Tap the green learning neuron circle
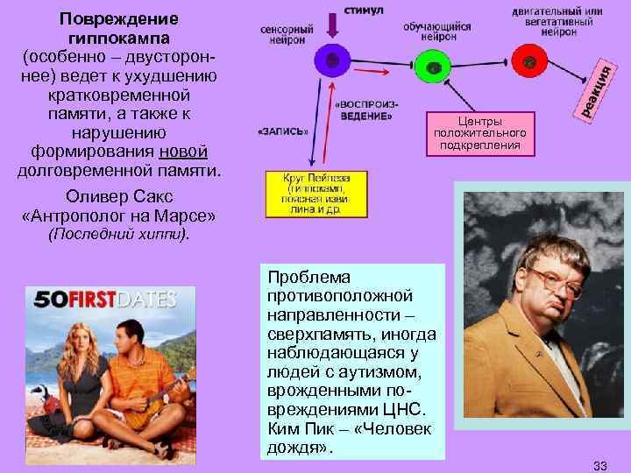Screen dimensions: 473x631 pyautogui.click(x=431, y=67)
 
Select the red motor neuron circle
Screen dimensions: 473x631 pyautogui.click(x=529, y=63)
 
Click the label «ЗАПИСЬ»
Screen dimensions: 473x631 pyautogui.click(x=283, y=132)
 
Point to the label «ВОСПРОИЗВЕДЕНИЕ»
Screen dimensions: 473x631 pyautogui.click(x=364, y=110)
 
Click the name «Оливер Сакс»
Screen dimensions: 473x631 pyautogui.click(x=117, y=194)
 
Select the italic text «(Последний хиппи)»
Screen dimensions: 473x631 pyautogui.click(x=117, y=235)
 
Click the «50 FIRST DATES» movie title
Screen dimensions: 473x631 pyautogui.click(x=103, y=299)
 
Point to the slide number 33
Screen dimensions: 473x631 pyautogui.click(x=599, y=462)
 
